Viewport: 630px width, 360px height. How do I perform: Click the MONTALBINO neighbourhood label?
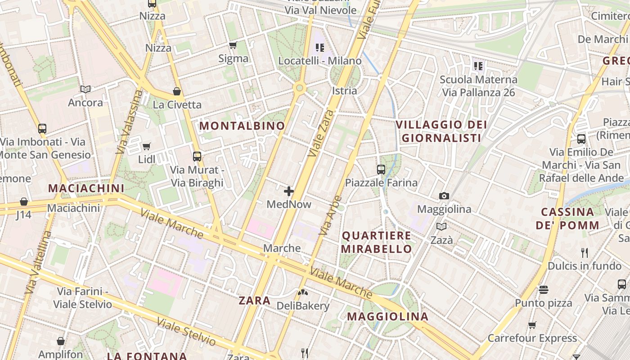242,126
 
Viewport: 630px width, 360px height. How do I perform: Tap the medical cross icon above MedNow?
289,192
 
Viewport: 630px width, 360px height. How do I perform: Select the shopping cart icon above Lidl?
146,146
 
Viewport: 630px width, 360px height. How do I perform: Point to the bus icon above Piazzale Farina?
381,170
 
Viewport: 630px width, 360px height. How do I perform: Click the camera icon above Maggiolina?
444,196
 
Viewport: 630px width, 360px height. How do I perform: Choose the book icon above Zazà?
441,227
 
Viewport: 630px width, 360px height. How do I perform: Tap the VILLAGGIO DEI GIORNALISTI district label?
441,131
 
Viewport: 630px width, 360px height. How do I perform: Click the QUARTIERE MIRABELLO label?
377,242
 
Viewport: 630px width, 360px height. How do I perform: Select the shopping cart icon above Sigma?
233,45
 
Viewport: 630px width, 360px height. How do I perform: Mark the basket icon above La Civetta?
177,91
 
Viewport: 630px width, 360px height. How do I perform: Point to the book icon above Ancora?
85,89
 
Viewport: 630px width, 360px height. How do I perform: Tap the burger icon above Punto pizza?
544,289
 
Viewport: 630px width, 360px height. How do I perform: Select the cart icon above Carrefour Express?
532,325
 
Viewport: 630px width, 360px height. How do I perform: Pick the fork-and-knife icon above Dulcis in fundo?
585,252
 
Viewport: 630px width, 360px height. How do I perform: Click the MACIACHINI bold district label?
86,188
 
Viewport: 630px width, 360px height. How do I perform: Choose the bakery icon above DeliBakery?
303,292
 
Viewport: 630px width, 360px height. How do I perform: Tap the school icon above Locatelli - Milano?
320,47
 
